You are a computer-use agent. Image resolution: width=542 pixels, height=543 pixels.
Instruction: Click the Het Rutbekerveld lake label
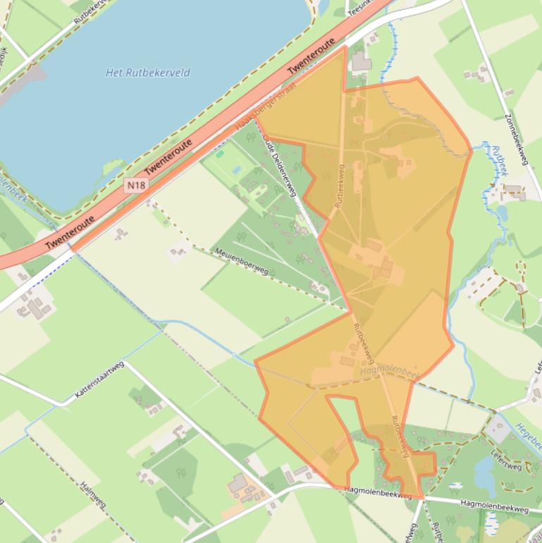pos(147,73)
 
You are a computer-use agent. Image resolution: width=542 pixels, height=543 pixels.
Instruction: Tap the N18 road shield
pos(136,185)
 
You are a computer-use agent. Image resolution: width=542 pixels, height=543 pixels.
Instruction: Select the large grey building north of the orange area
pos(362,63)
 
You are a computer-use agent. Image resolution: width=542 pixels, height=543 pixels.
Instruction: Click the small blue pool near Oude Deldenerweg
pos(235,169)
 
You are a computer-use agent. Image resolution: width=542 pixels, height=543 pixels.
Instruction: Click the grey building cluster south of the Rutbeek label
pos(514,191)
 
